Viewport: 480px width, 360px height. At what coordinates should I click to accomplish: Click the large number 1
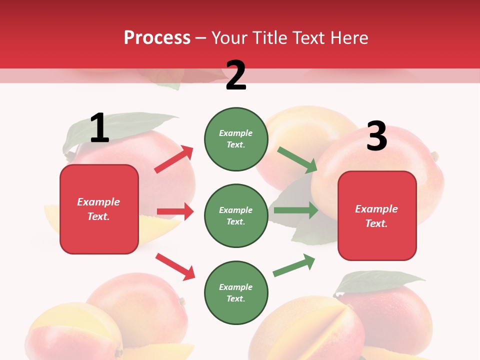pyautogui.click(x=99, y=128)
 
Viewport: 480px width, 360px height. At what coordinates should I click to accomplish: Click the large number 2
pyautogui.click(x=236, y=75)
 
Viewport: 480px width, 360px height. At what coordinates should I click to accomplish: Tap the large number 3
pyautogui.click(x=376, y=136)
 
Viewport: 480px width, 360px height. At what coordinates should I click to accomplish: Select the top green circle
pyautogui.click(x=236, y=139)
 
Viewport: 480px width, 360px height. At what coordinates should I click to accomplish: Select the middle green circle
pyautogui.click(x=236, y=215)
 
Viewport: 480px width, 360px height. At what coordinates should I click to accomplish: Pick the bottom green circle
pyautogui.click(x=236, y=292)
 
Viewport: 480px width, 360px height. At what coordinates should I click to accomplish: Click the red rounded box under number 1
pyautogui.click(x=99, y=209)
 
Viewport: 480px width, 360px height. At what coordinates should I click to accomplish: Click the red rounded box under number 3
pyautogui.click(x=377, y=215)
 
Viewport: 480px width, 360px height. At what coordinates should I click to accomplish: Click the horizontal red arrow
pyautogui.click(x=175, y=211)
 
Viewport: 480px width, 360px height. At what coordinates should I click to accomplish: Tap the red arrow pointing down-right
pyautogui.click(x=175, y=266)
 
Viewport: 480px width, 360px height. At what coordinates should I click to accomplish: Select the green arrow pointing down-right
pyautogui.click(x=297, y=160)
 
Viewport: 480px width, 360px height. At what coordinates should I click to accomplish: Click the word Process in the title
pyautogui.click(x=157, y=37)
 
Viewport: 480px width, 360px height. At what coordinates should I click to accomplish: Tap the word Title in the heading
pyautogui.click(x=270, y=37)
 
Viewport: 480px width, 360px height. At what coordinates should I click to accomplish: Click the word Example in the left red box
pyautogui.click(x=98, y=202)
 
